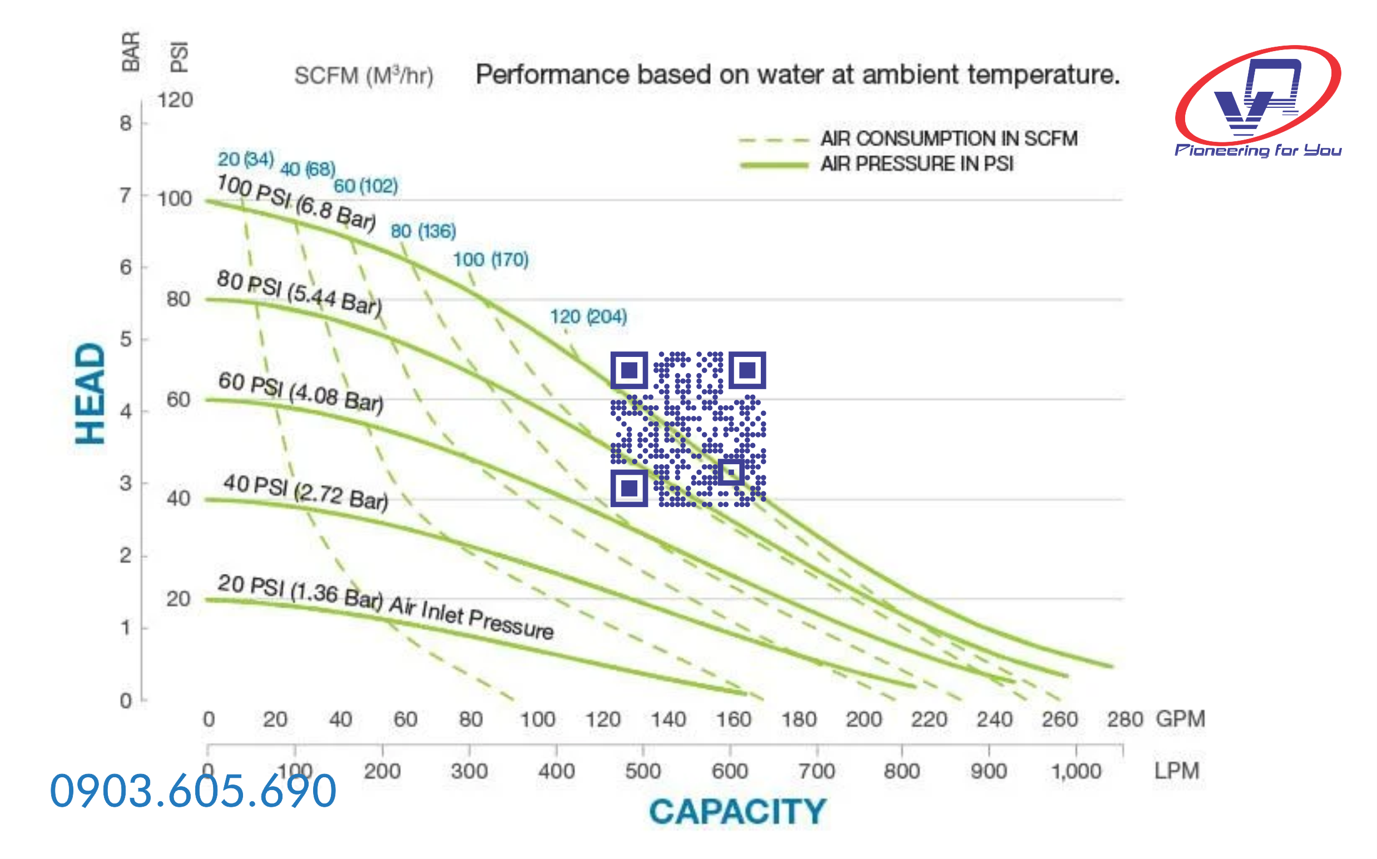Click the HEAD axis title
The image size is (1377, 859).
91,393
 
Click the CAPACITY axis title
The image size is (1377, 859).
737,811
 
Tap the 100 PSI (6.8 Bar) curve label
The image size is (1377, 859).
296,202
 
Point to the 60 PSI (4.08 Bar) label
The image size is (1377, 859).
301,391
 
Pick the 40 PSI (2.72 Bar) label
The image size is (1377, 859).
305,492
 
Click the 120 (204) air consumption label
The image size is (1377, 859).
588,316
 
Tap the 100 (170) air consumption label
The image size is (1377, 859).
491,260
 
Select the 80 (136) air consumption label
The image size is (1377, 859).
423,231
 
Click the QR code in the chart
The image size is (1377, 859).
687,429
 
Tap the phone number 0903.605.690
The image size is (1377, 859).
193,791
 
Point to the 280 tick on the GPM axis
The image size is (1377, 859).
1124,720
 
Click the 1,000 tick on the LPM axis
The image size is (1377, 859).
1076,771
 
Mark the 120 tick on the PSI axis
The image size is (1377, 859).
175,101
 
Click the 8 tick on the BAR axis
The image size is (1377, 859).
126,123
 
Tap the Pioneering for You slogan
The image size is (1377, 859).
1257,151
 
